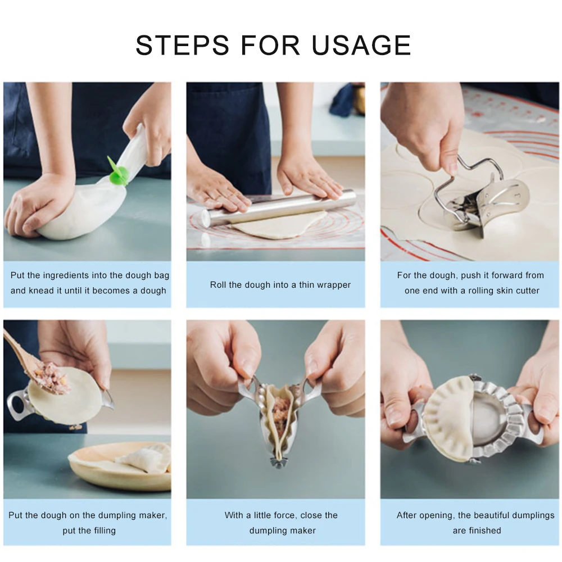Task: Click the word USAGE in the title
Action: (x=361, y=45)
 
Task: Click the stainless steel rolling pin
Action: (x=281, y=208)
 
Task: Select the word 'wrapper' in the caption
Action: (x=332, y=285)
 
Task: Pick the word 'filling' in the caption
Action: (x=101, y=530)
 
